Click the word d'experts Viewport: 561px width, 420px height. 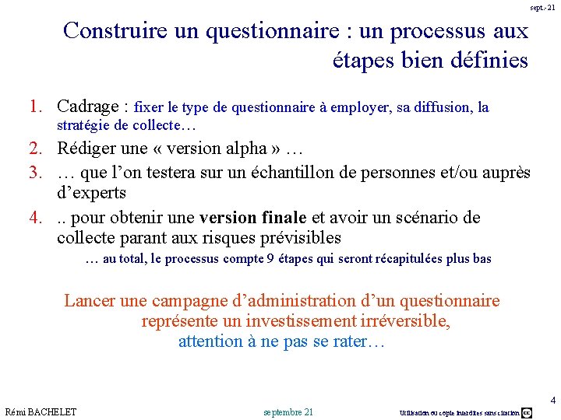[x=92, y=193]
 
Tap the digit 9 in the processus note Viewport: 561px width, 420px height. [x=270, y=259]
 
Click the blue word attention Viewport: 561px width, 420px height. [x=211, y=341]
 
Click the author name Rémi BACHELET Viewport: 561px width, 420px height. [x=41, y=411]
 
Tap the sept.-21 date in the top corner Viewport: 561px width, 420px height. [x=542, y=7]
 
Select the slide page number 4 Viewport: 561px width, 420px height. [x=552, y=401]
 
